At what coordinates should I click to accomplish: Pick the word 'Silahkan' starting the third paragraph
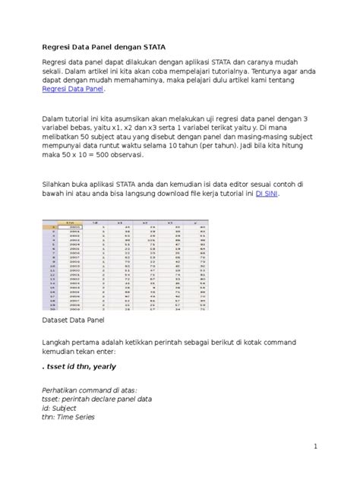pos(58,185)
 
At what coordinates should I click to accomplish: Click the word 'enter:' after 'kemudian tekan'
pos(125,352)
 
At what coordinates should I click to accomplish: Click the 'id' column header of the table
pos(95,222)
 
